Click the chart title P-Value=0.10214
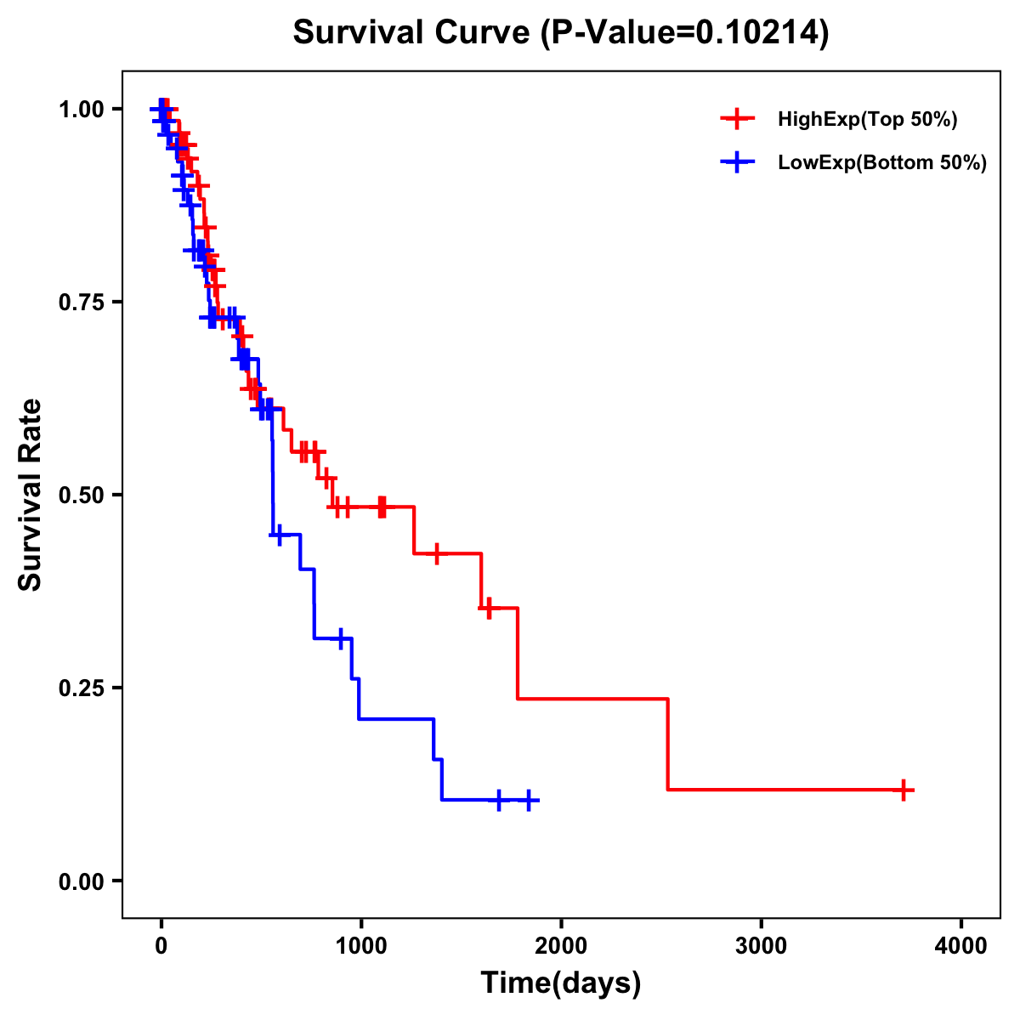[560, 32]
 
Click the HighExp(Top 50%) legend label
[867, 119]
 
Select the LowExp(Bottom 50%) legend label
[881, 162]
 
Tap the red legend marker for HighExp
[738, 119]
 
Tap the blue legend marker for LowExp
[738, 162]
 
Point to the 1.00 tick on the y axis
[82, 109]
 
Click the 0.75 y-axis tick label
[82, 302]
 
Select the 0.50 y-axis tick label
[82, 495]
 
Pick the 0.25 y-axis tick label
[82, 688]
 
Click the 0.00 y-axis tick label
[82, 881]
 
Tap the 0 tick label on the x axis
[161, 946]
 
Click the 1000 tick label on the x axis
[360, 946]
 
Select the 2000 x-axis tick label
[561, 946]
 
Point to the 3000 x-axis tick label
[761, 946]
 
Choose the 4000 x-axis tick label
[961, 946]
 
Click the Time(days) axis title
[561, 983]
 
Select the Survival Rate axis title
[31, 495]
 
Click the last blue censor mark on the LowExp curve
[529, 801]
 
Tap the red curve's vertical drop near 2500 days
[668, 745]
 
